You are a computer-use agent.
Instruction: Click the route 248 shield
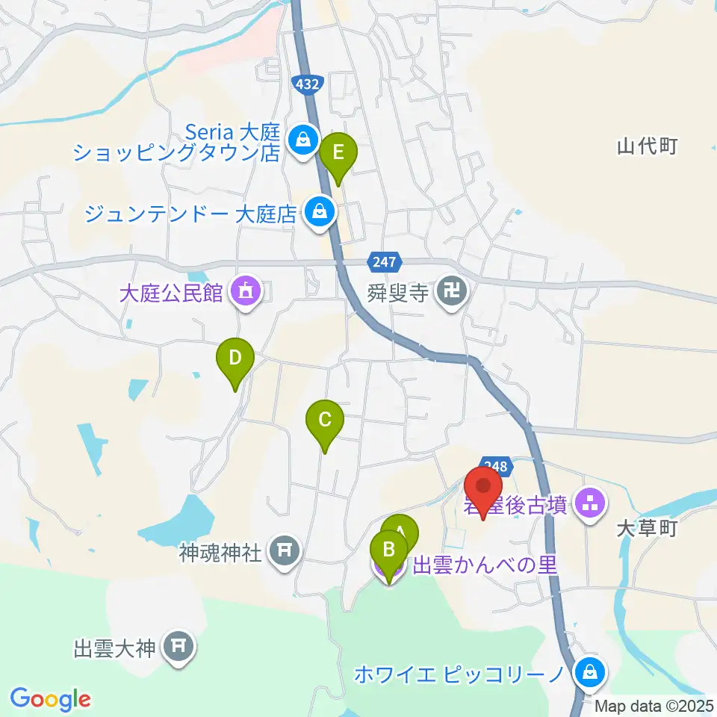498,467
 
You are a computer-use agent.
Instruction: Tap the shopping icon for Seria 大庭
303,140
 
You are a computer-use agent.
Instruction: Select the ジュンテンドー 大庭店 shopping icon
320,212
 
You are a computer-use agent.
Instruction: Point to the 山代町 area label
647,146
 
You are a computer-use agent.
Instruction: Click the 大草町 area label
647,529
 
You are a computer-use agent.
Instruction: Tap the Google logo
51,699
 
